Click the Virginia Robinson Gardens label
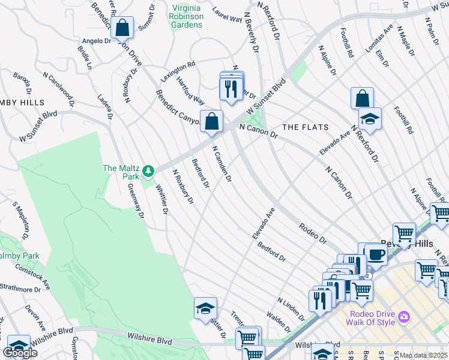pos(187,13)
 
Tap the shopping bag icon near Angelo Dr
pos(122,28)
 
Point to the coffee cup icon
pos(376,254)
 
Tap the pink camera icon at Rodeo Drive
pos(404,316)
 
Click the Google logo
pos(20,353)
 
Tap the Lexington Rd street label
pos(178,71)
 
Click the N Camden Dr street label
pos(221,164)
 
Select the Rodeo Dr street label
pos(313,233)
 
